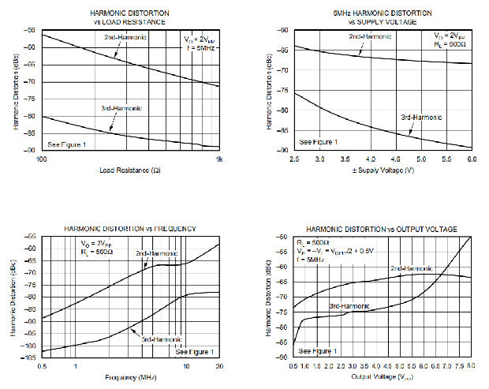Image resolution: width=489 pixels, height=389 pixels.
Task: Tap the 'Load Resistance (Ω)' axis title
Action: [x=130, y=170]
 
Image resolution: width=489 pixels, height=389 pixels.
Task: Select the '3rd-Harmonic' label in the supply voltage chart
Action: [x=421, y=118]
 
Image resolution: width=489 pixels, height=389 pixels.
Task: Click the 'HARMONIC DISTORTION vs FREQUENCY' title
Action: [x=130, y=229]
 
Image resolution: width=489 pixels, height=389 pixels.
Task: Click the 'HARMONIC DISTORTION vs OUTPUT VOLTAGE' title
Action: [x=382, y=229]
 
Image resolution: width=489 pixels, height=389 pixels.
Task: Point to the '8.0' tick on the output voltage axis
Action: [x=470, y=367]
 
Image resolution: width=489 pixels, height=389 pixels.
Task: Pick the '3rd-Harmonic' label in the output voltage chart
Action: [x=349, y=305]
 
